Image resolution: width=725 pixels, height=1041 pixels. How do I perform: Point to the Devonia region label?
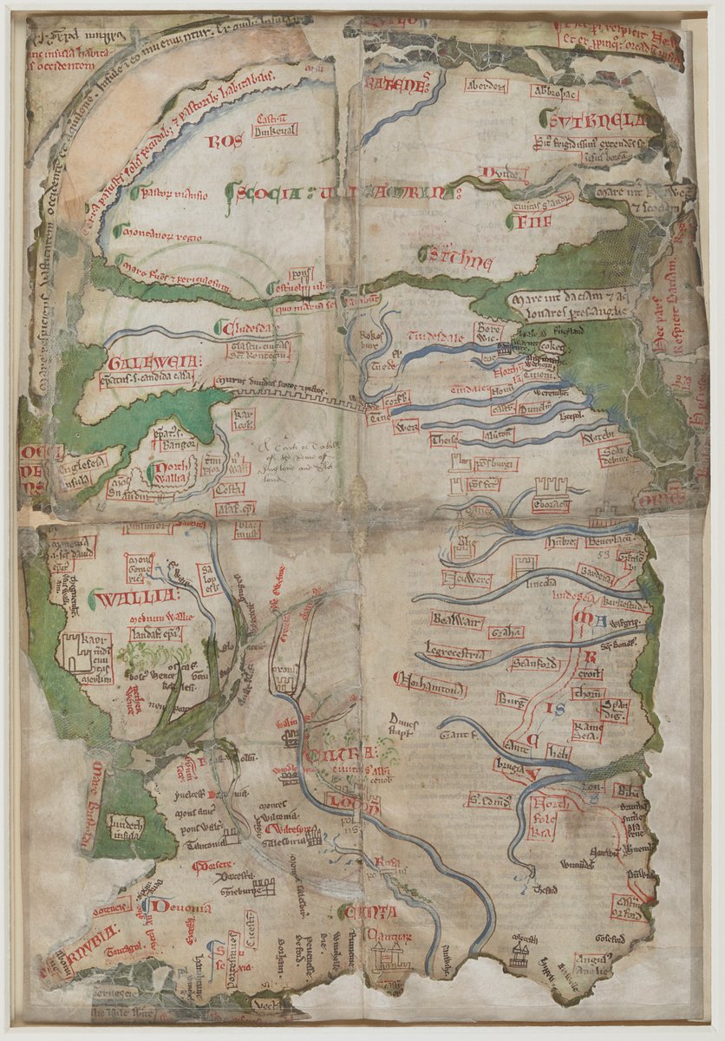(179, 907)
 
